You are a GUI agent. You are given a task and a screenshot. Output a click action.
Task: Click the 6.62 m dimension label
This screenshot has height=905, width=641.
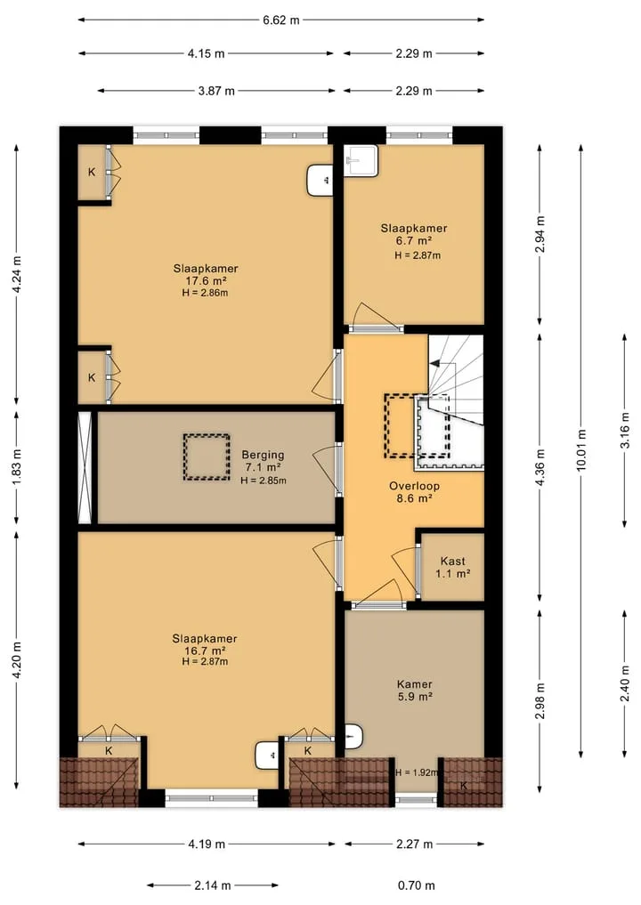281,20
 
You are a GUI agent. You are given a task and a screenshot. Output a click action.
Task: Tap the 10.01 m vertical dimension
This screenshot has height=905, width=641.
581,450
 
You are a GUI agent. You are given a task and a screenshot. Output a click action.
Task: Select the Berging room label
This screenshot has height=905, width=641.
263,455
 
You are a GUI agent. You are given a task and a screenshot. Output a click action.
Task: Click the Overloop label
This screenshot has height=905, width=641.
414,486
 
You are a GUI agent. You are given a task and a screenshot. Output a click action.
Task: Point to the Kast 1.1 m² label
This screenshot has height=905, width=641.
453,567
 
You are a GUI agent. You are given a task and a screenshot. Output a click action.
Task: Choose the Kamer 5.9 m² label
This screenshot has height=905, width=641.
415,691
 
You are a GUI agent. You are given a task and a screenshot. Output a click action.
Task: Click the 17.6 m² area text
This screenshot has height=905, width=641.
205,281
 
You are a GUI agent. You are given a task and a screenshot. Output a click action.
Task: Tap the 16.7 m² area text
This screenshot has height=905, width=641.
205,651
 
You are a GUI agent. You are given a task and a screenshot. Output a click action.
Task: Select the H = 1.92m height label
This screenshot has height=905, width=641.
418,772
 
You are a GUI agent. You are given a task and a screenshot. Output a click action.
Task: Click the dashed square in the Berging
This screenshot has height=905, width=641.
207,457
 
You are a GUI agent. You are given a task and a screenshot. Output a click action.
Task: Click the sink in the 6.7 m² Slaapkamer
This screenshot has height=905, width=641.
361,160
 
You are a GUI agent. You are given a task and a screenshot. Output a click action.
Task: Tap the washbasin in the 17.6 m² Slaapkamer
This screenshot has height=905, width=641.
320,180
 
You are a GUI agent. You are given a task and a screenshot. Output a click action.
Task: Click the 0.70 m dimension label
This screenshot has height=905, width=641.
417,885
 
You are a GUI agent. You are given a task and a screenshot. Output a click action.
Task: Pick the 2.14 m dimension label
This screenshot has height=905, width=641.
213,885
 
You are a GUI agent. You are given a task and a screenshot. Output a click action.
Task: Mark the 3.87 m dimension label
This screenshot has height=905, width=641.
216,91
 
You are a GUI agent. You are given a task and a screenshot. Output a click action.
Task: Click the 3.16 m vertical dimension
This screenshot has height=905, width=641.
624,430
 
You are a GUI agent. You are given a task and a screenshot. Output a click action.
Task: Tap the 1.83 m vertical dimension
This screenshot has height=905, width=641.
16,467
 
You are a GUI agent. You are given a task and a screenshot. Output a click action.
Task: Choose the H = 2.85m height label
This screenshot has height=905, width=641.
264,481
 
